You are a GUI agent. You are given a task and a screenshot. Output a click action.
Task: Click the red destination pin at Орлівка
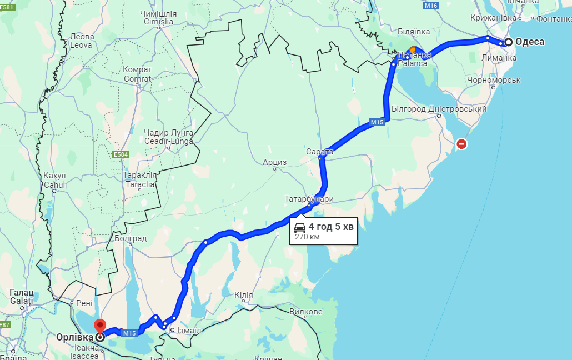click(100, 326)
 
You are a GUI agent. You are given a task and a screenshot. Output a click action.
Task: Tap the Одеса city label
click(529, 42)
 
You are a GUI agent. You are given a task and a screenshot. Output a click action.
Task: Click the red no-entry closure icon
click(461, 144)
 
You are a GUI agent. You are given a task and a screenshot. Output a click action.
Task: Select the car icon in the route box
click(300, 227)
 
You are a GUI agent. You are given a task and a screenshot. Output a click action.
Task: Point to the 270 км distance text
click(307, 237)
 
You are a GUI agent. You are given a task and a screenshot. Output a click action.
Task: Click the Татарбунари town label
click(309, 198)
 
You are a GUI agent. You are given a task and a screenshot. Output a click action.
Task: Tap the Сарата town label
click(319, 151)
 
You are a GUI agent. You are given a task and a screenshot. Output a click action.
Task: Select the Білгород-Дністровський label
click(439, 109)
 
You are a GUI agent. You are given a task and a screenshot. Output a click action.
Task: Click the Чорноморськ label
click(494, 79)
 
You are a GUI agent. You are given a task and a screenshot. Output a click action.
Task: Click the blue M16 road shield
click(431, 6)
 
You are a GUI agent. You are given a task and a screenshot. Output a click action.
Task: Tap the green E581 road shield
click(7, 7)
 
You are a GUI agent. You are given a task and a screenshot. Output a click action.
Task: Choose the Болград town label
click(131, 238)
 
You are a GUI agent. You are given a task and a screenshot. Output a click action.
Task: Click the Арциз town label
click(275, 162)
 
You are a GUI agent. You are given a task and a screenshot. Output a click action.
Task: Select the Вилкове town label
click(305, 312)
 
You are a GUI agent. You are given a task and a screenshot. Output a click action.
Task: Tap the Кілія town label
click(243, 295)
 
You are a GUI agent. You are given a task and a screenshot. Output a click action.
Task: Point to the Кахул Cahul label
click(54, 180)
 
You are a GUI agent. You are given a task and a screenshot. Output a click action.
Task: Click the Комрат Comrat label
click(137, 74)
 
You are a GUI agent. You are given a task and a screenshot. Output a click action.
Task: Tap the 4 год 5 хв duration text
click(331, 227)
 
